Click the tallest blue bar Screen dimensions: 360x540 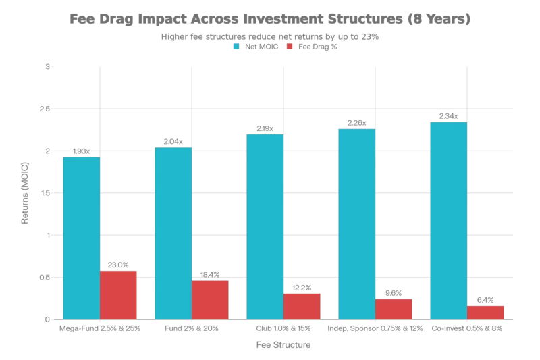point(448,220)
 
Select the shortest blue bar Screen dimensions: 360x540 point(81,237)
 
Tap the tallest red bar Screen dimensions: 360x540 point(119,294)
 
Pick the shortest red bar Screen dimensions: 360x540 point(487,311)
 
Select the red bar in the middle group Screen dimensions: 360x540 point(302,305)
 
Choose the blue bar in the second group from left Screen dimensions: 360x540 point(173,232)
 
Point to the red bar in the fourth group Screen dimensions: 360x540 point(394,308)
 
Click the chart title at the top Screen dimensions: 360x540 point(273,20)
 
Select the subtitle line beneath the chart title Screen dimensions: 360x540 point(270,37)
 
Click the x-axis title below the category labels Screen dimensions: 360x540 point(283,346)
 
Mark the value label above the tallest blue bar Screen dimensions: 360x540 point(448,115)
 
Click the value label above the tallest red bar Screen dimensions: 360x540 point(119,264)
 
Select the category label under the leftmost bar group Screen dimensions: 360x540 point(100,330)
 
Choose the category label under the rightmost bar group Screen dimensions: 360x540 point(468,330)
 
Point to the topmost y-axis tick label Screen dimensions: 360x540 point(47,66)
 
